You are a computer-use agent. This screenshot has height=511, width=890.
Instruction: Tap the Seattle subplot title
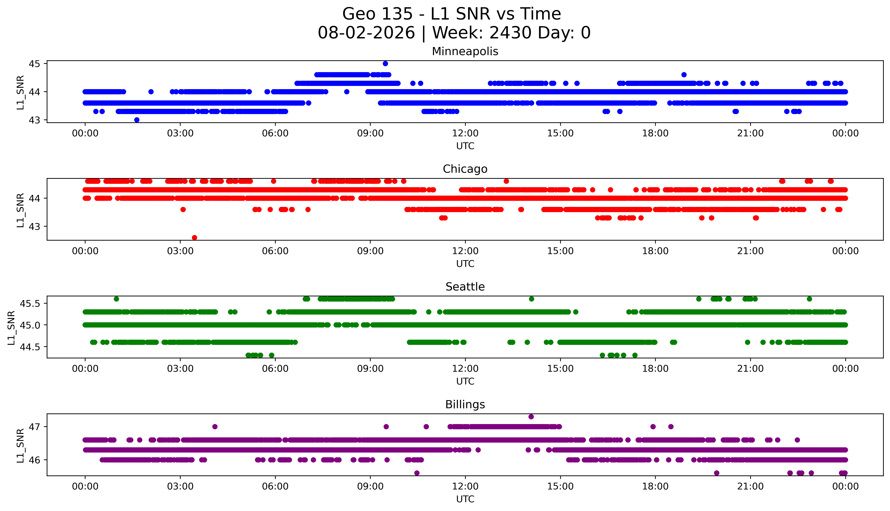click(465, 287)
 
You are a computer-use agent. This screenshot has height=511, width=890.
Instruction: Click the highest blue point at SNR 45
click(385, 64)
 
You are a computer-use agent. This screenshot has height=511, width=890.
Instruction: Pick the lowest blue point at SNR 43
click(137, 120)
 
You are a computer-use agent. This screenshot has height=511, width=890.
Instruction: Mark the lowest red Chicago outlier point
click(194, 238)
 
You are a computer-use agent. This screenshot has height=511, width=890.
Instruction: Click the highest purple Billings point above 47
click(531, 417)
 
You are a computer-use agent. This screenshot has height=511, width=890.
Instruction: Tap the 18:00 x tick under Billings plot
click(655, 486)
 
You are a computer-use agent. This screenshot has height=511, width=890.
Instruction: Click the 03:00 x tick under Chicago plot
click(180, 251)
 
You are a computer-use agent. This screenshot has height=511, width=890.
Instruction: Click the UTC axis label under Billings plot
click(465, 499)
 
